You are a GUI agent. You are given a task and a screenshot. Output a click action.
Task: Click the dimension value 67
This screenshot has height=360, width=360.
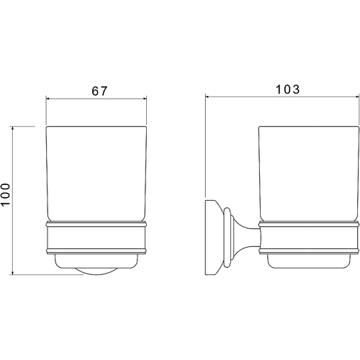click(x=99, y=91)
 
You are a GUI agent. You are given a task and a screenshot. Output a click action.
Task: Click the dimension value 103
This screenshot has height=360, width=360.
click(x=287, y=89)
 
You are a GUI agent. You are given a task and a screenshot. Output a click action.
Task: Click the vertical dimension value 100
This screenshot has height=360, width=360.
click(x=5, y=194)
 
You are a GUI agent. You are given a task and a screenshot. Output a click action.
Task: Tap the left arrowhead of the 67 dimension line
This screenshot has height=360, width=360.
click(x=48, y=99)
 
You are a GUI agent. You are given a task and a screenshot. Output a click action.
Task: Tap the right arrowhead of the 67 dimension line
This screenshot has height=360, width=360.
click(x=145, y=99)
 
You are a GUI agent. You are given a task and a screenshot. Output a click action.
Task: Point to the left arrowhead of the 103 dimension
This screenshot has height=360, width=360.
click(x=207, y=96)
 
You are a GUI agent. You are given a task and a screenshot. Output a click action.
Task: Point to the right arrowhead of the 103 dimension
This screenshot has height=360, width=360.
click(x=357, y=96)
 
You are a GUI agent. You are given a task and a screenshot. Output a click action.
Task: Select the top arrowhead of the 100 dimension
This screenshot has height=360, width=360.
click(x=13, y=128)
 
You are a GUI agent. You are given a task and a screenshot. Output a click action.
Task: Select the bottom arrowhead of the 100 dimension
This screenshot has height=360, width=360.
click(x=13, y=273)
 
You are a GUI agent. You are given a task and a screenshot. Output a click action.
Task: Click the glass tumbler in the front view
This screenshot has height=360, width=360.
click(x=96, y=174)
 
